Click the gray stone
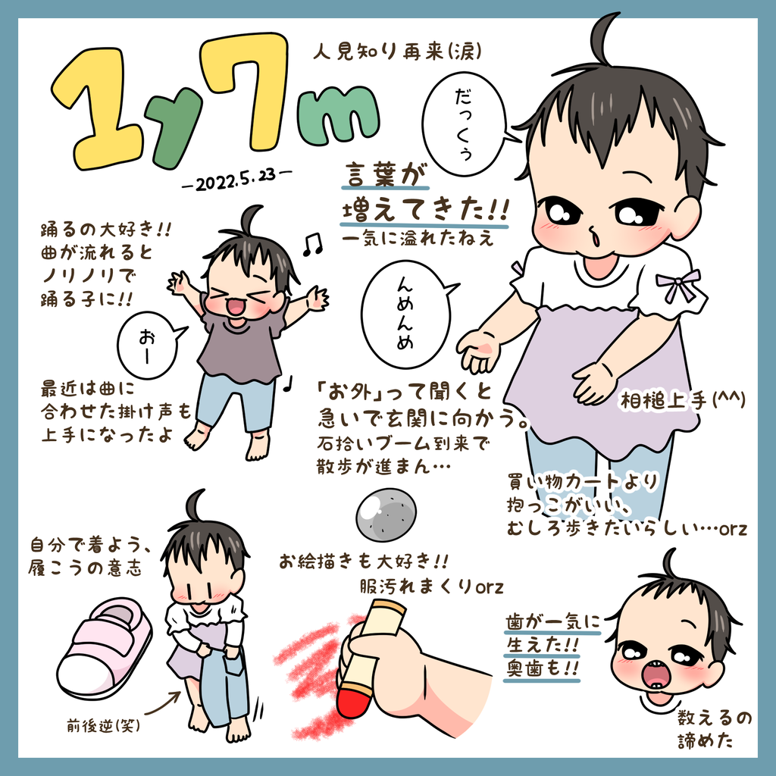(386, 514)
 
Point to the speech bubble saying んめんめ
(408, 314)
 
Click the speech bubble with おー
(149, 345)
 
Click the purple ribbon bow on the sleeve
(677, 285)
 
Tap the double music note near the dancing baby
(312, 244)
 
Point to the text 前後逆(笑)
(103, 725)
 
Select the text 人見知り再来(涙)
(397, 51)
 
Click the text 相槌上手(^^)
(683, 401)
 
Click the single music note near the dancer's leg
(288, 383)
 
